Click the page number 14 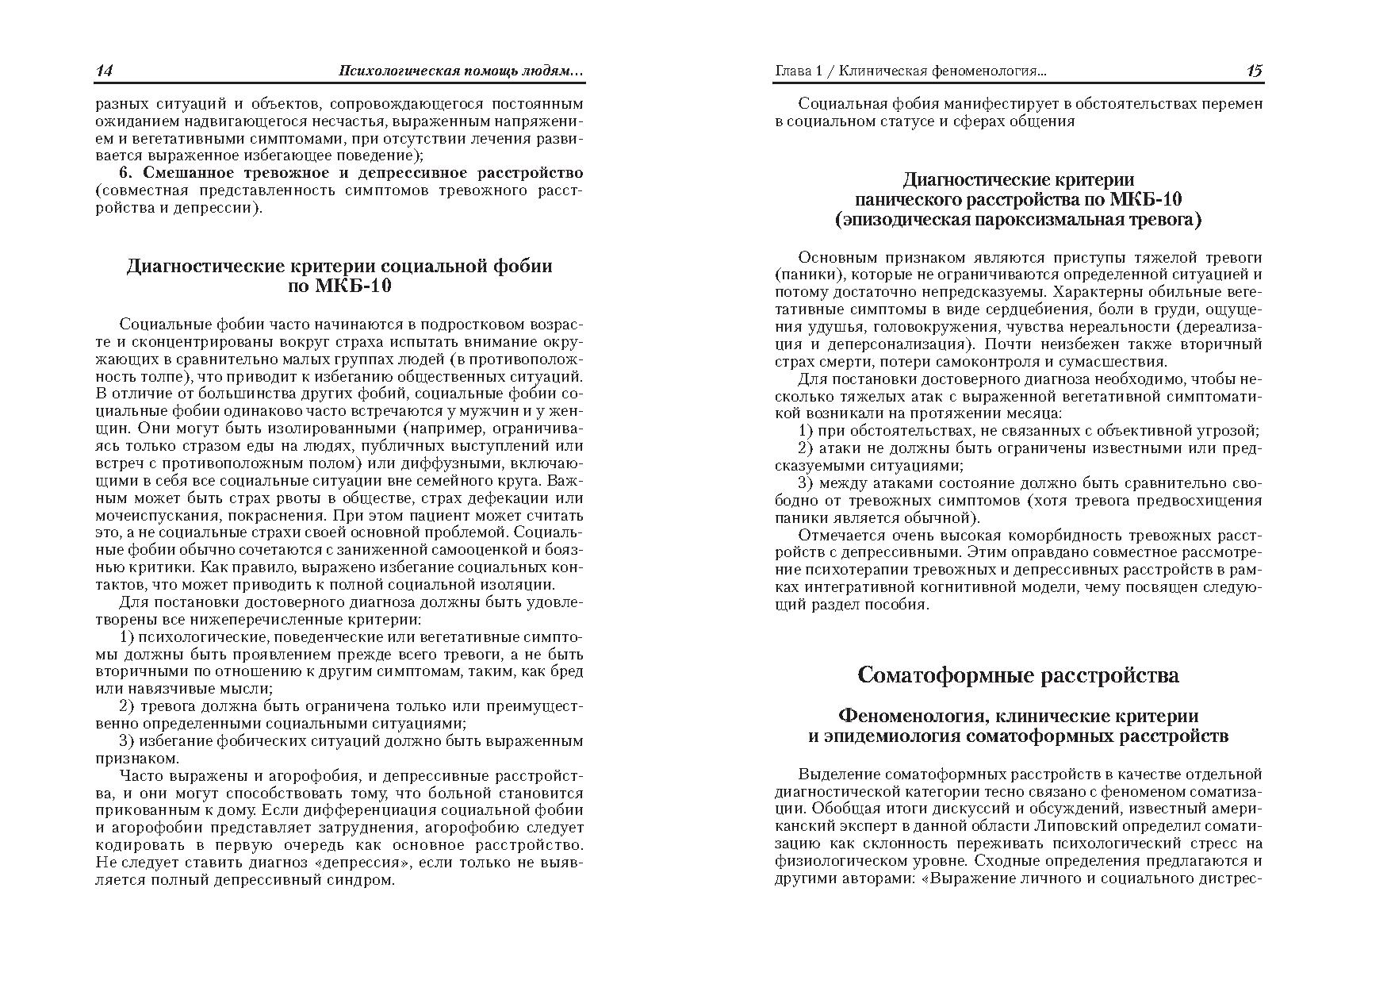coord(105,71)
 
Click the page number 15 coord(1254,71)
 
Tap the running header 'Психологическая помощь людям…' coord(461,71)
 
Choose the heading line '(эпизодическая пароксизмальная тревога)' coord(1018,219)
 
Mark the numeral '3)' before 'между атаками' coord(806,483)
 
